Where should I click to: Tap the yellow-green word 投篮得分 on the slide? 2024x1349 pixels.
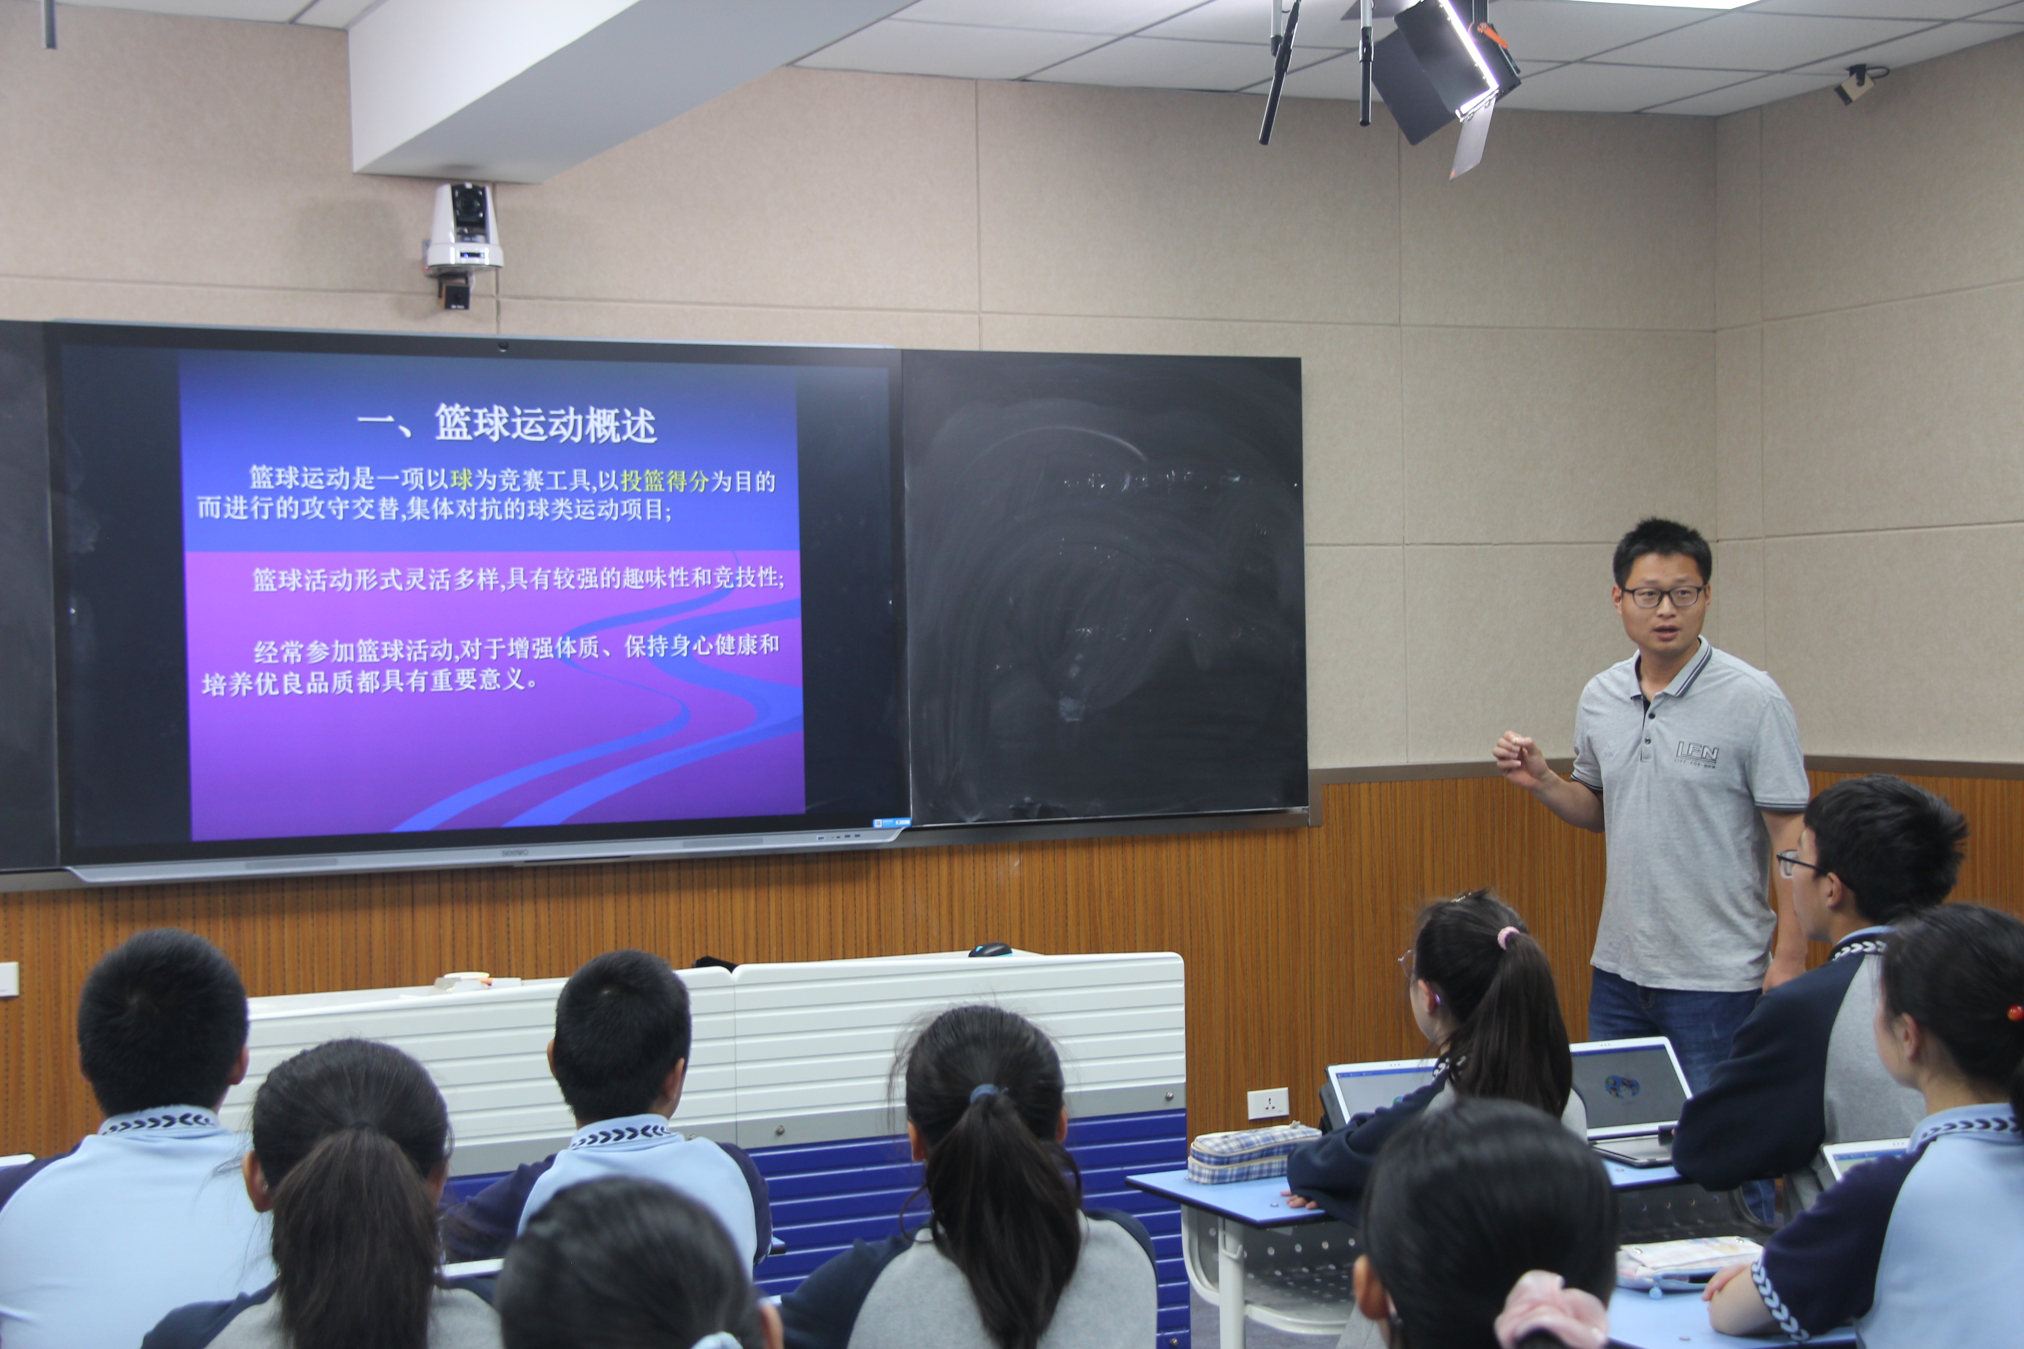point(664,481)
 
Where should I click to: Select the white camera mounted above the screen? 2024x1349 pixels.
point(464,228)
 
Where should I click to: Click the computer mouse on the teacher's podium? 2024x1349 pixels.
point(990,950)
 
